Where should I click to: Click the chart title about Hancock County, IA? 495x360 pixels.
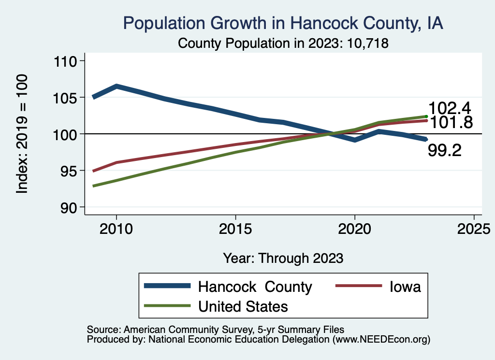283,23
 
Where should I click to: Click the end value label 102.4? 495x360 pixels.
450,108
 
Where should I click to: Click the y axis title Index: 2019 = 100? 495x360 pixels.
22,134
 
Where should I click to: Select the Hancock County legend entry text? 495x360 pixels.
255,287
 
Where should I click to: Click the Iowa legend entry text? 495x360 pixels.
405,287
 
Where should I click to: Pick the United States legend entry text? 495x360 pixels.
243,306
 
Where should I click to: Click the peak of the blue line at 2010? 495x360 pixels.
116,86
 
